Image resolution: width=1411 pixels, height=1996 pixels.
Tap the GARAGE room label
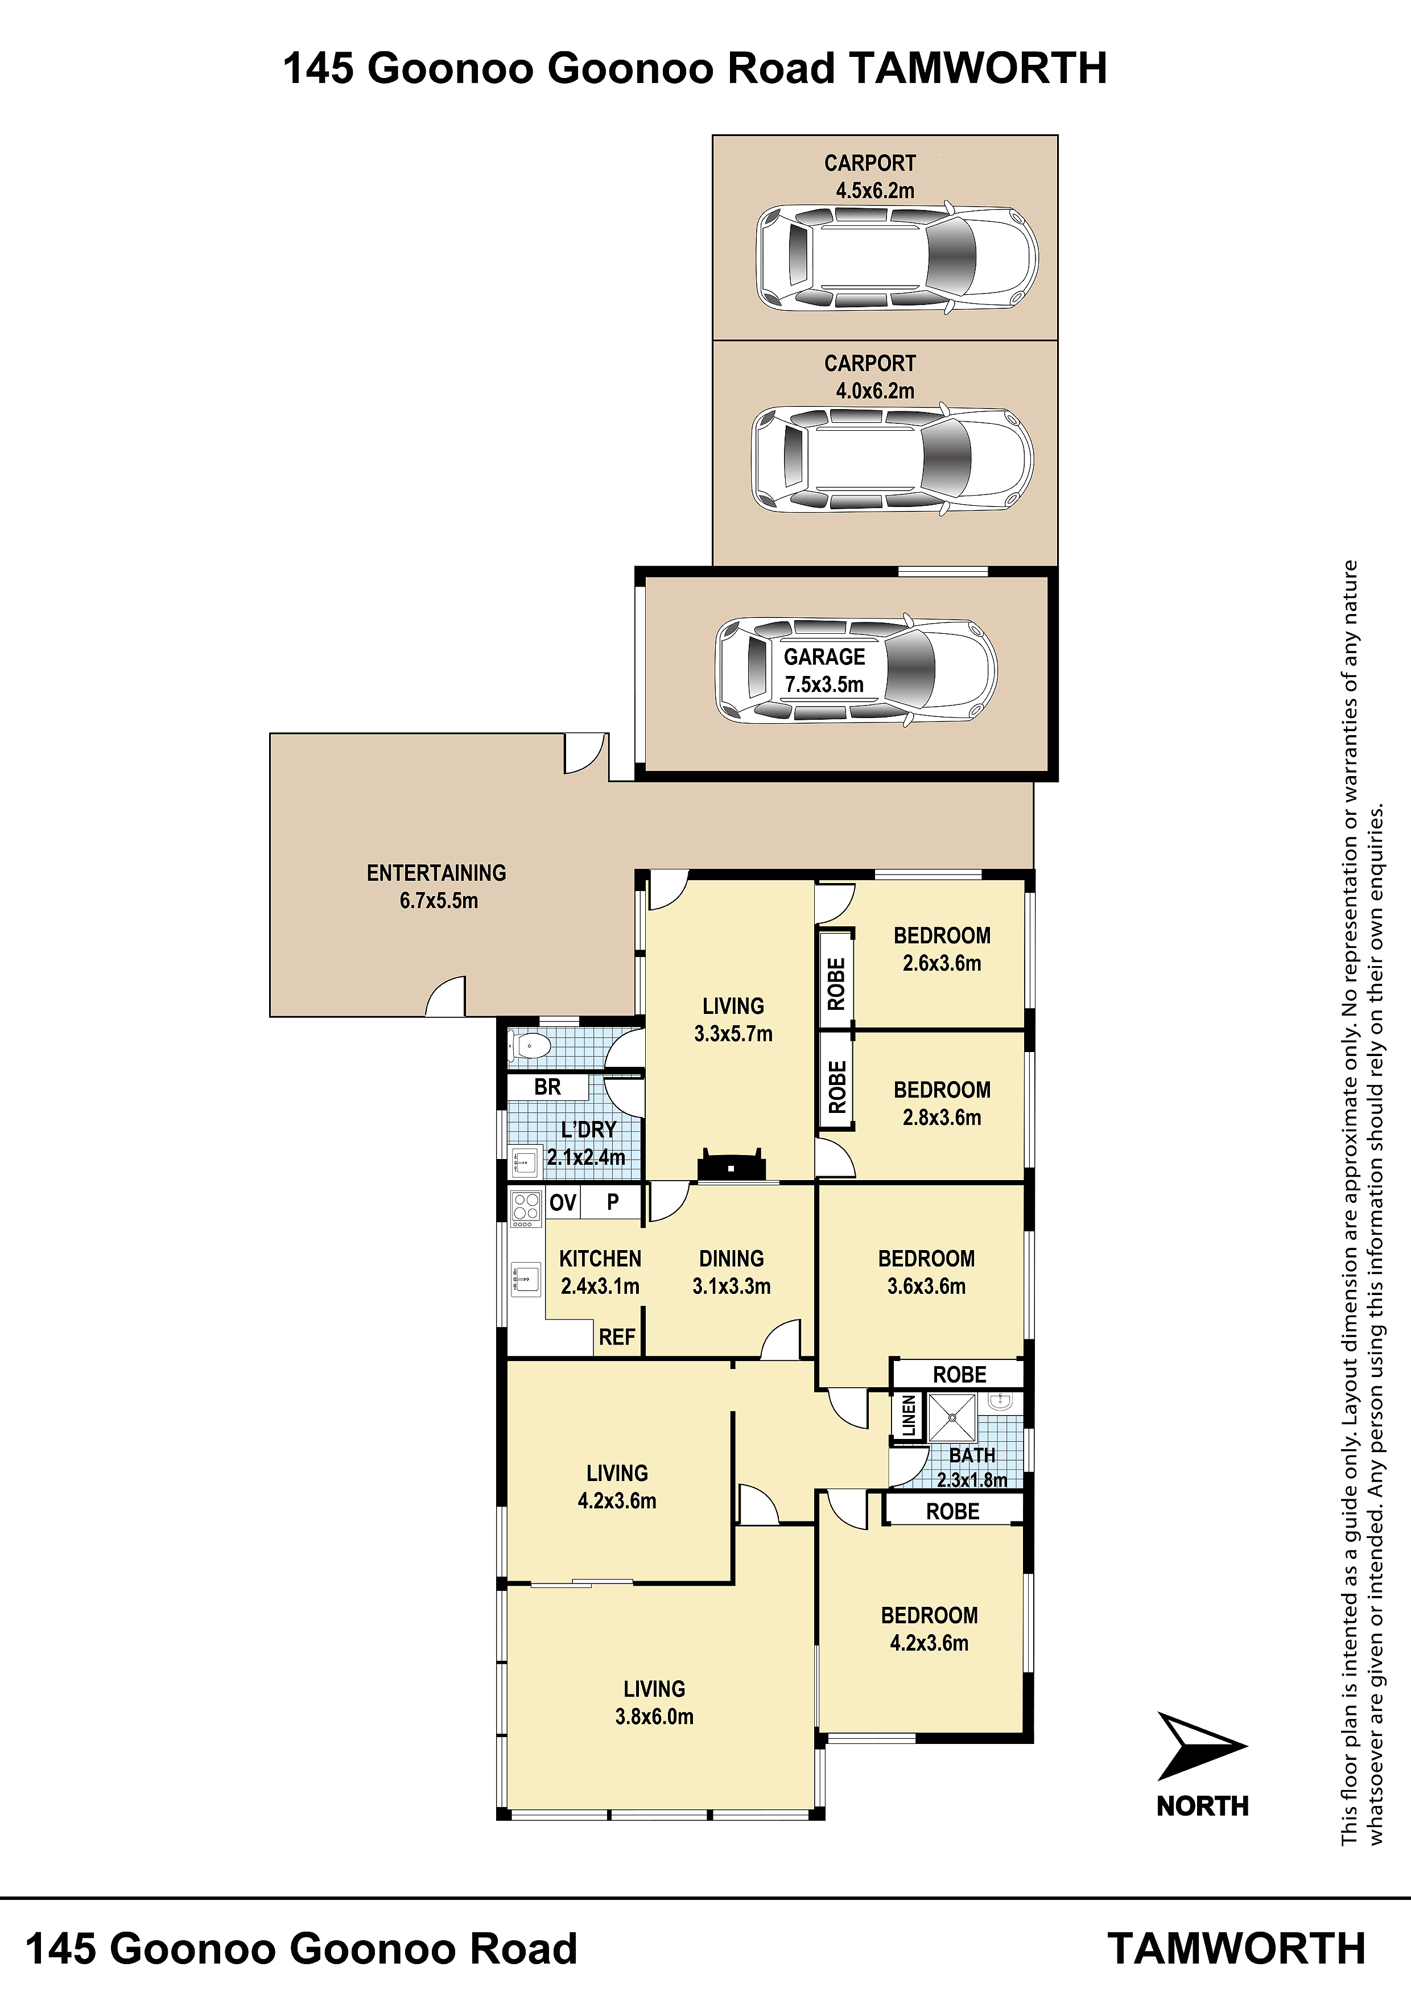click(x=824, y=657)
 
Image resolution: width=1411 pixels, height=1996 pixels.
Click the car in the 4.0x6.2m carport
click(x=893, y=459)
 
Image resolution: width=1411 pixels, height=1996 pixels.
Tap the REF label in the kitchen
click(x=617, y=1337)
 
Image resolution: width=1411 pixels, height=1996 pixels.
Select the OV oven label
click(x=563, y=1202)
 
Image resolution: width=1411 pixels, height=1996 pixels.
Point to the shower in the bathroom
click(x=952, y=1417)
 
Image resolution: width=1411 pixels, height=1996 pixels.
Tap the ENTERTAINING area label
click(x=436, y=873)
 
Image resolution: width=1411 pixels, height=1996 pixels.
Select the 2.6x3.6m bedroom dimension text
click(x=942, y=963)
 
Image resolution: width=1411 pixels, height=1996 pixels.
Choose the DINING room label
click(x=731, y=1258)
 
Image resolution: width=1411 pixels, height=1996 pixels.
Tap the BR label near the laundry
click(x=548, y=1087)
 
